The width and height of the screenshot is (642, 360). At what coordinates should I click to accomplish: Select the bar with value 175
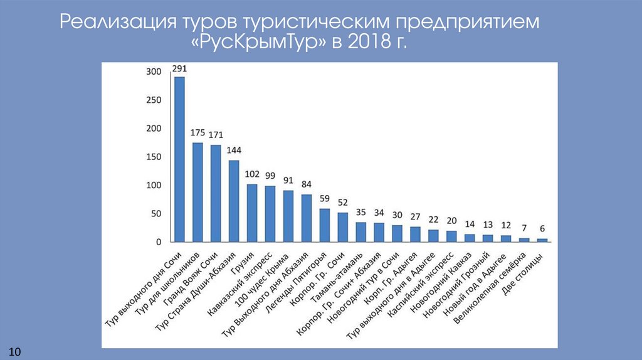(x=197, y=192)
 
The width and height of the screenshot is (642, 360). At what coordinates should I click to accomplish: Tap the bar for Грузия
(x=252, y=213)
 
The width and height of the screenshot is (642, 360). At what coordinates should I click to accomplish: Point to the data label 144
(x=234, y=150)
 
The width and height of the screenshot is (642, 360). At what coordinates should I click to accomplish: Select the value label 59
(x=325, y=198)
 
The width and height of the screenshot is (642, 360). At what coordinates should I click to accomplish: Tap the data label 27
(x=416, y=216)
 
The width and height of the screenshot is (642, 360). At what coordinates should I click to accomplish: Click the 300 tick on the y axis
(x=154, y=72)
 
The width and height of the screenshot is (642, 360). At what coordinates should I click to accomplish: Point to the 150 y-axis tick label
(x=154, y=157)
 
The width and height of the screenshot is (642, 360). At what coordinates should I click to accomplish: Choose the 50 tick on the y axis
(x=156, y=214)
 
